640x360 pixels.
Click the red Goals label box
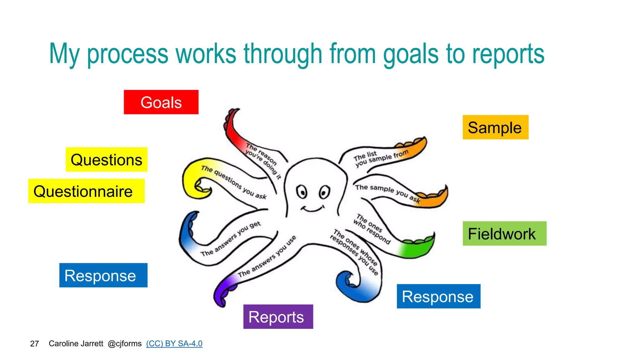tap(161, 102)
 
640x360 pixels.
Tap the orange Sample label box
tap(495, 127)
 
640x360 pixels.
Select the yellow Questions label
tap(106, 159)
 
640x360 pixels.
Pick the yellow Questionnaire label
tap(86, 191)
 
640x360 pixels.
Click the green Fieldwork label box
tap(504, 233)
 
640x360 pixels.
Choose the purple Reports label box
tap(278, 317)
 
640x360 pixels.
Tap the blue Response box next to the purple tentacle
tap(103, 275)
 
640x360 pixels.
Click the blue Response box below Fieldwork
tap(438, 296)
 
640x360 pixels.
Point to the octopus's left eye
tap(302, 192)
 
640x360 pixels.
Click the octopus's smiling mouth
tap(312, 209)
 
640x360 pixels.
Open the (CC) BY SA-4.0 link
tap(174, 343)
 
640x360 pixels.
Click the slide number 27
tap(34, 344)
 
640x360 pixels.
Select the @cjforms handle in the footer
tap(124, 343)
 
